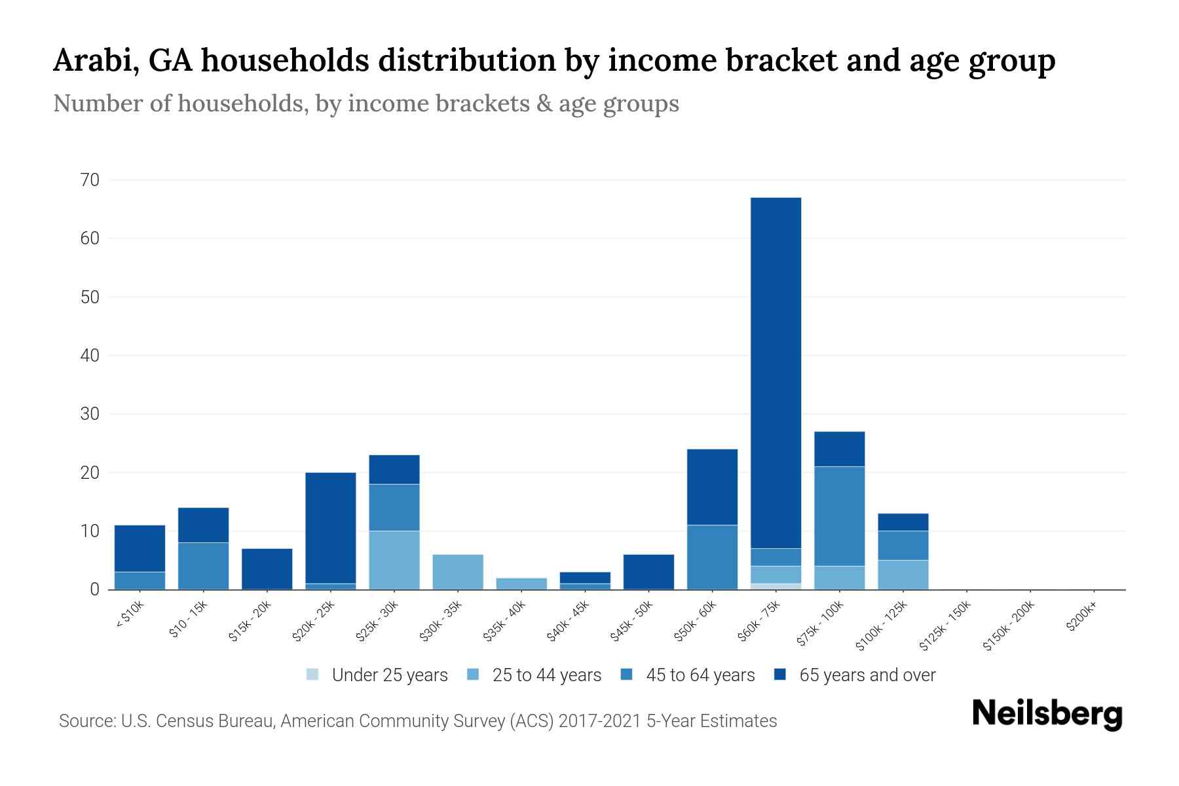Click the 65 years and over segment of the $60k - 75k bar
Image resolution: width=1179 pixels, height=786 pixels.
click(776, 373)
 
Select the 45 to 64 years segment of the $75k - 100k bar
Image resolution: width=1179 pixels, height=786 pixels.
click(839, 516)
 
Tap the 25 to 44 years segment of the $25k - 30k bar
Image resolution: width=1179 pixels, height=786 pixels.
click(394, 560)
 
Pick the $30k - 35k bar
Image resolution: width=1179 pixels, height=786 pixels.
click(458, 572)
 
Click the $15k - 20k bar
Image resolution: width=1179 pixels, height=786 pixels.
click(267, 569)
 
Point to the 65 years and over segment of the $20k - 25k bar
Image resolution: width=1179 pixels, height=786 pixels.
click(331, 528)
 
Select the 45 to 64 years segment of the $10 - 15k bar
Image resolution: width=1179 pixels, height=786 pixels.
click(204, 566)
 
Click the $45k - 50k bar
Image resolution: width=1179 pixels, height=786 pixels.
click(648, 572)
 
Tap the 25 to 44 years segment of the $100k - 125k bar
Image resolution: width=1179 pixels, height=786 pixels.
click(903, 574)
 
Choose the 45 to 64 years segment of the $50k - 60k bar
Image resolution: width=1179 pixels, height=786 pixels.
click(712, 557)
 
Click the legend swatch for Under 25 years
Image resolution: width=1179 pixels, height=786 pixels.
click(313, 675)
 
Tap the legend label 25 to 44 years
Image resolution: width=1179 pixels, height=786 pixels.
click(546, 675)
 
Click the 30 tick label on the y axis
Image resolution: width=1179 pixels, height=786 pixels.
click(90, 414)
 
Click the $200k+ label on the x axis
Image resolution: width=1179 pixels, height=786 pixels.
click(1081, 618)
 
